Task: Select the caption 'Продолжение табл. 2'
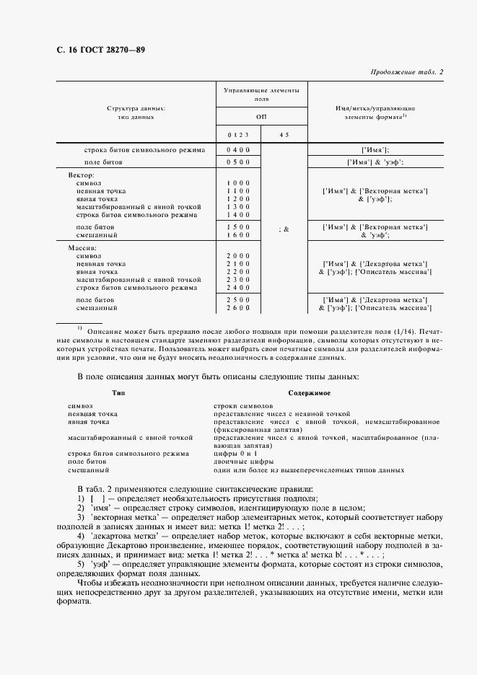point(406,72)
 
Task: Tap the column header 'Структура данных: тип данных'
point(136,112)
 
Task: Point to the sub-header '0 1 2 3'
point(238,134)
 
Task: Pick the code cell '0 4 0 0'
point(238,150)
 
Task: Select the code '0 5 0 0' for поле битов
point(238,163)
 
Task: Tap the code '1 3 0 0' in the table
point(238,207)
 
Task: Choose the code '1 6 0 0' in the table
point(238,236)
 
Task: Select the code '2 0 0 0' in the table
point(238,256)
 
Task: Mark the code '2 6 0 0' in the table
point(238,308)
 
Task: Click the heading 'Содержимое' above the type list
point(310,393)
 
